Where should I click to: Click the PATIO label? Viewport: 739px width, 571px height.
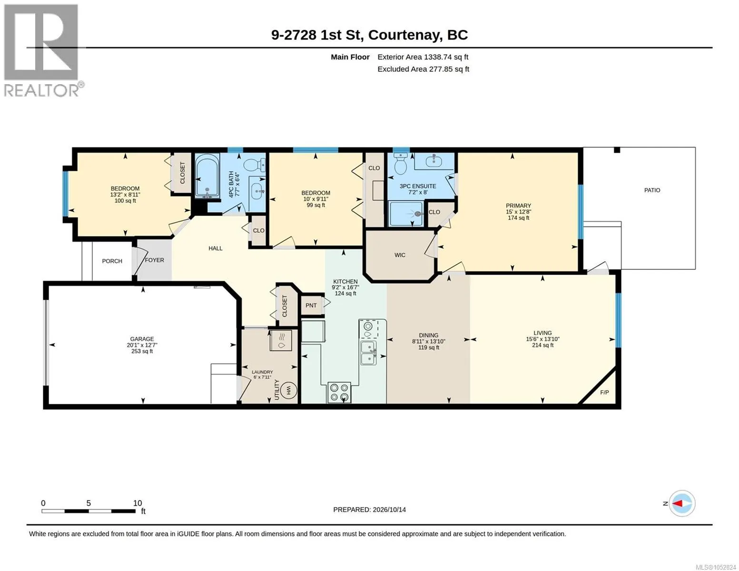tap(652, 190)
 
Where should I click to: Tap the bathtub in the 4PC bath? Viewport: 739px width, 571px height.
tap(207, 176)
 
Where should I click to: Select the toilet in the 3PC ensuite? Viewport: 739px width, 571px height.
tap(400, 163)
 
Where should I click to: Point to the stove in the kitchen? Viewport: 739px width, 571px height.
tap(339, 393)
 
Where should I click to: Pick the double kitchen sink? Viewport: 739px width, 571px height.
tap(369, 353)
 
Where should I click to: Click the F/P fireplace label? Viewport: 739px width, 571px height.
tap(604, 393)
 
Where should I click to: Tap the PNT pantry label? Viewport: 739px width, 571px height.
tap(311, 305)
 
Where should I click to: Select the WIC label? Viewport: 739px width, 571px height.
tap(400, 255)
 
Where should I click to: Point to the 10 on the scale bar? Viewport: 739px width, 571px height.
tap(138, 503)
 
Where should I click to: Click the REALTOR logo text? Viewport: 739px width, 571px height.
tap(41, 90)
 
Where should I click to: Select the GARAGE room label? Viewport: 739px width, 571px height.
tap(142, 339)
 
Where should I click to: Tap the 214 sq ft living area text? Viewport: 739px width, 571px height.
tap(542, 345)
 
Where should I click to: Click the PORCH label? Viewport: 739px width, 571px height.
tap(112, 261)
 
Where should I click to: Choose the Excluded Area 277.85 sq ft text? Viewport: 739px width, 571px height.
tap(423, 69)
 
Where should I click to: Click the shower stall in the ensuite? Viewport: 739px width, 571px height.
tap(406, 214)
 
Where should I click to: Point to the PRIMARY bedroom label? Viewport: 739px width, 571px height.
tap(518, 206)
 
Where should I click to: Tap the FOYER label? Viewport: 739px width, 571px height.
tap(154, 260)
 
